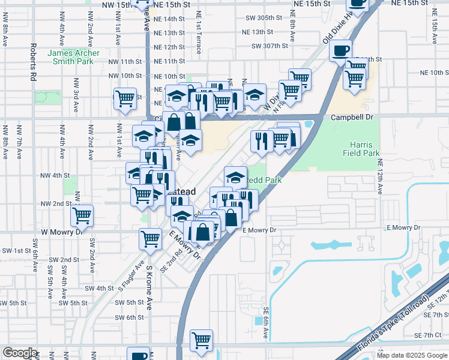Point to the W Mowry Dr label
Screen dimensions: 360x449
click(x=60, y=232)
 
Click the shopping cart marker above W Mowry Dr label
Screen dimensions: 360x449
click(x=82, y=214)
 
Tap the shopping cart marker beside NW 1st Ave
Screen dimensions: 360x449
click(x=125, y=98)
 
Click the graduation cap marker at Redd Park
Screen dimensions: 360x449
click(x=235, y=176)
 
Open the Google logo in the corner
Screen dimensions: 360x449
click(x=20, y=353)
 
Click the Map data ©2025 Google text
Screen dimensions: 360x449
click(x=411, y=355)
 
